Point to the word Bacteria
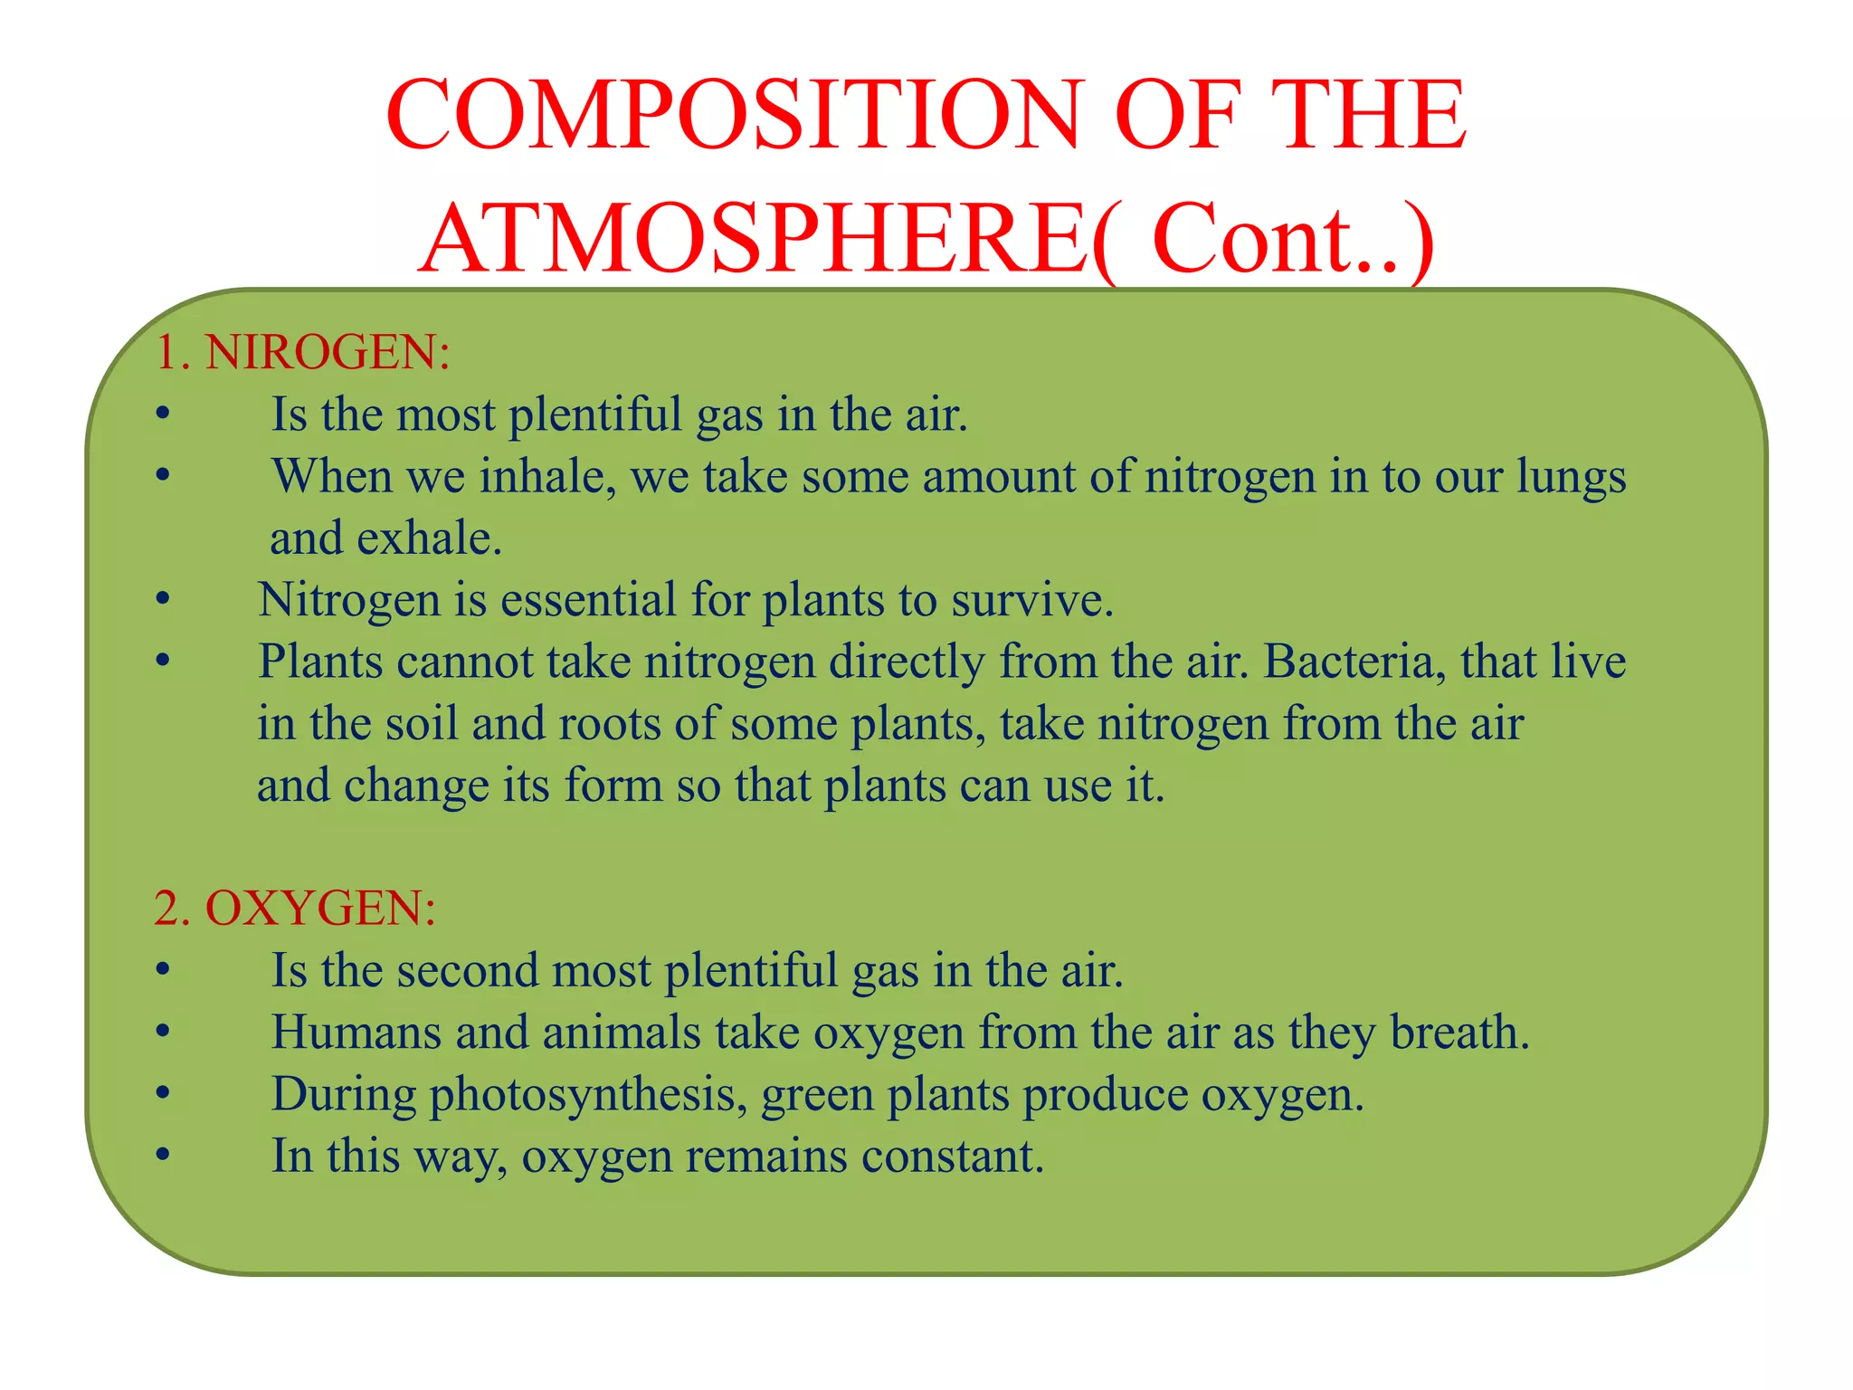(1349, 662)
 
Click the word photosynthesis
(587, 1095)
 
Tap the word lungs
(1571, 477)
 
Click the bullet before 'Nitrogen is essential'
(163, 600)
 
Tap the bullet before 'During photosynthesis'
(163, 1095)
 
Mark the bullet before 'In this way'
(163, 1157)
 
